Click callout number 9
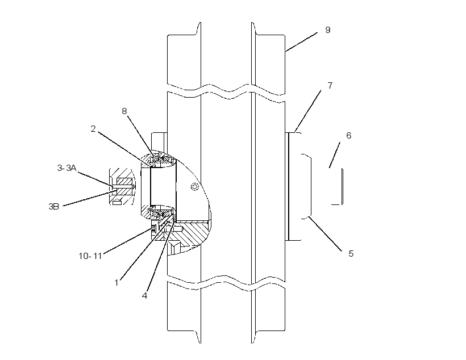(x=327, y=30)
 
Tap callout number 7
(x=330, y=86)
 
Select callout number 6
(x=348, y=136)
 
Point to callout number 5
(x=351, y=254)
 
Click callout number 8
(x=124, y=111)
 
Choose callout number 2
(x=93, y=129)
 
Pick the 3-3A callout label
(x=66, y=168)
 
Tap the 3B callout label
(x=54, y=207)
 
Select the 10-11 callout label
(x=90, y=256)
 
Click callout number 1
(x=116, y=283)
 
